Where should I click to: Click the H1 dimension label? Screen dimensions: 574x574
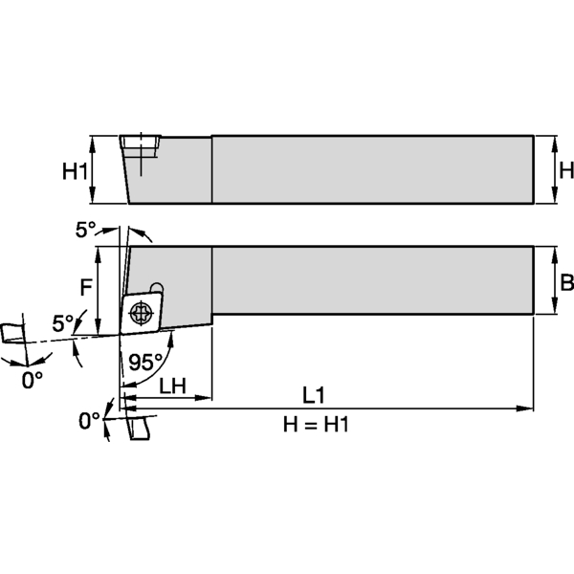76,171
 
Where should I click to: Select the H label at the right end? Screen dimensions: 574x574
564,170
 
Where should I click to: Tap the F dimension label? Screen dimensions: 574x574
86,285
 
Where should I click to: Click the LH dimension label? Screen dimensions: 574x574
172,386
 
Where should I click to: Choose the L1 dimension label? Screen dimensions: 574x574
316,394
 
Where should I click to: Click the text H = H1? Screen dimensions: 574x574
316,424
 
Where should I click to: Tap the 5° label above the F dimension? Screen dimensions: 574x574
86,230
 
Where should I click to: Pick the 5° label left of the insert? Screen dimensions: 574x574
63,323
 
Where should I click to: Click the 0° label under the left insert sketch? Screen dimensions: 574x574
33,380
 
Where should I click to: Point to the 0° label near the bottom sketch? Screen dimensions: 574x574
90,420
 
